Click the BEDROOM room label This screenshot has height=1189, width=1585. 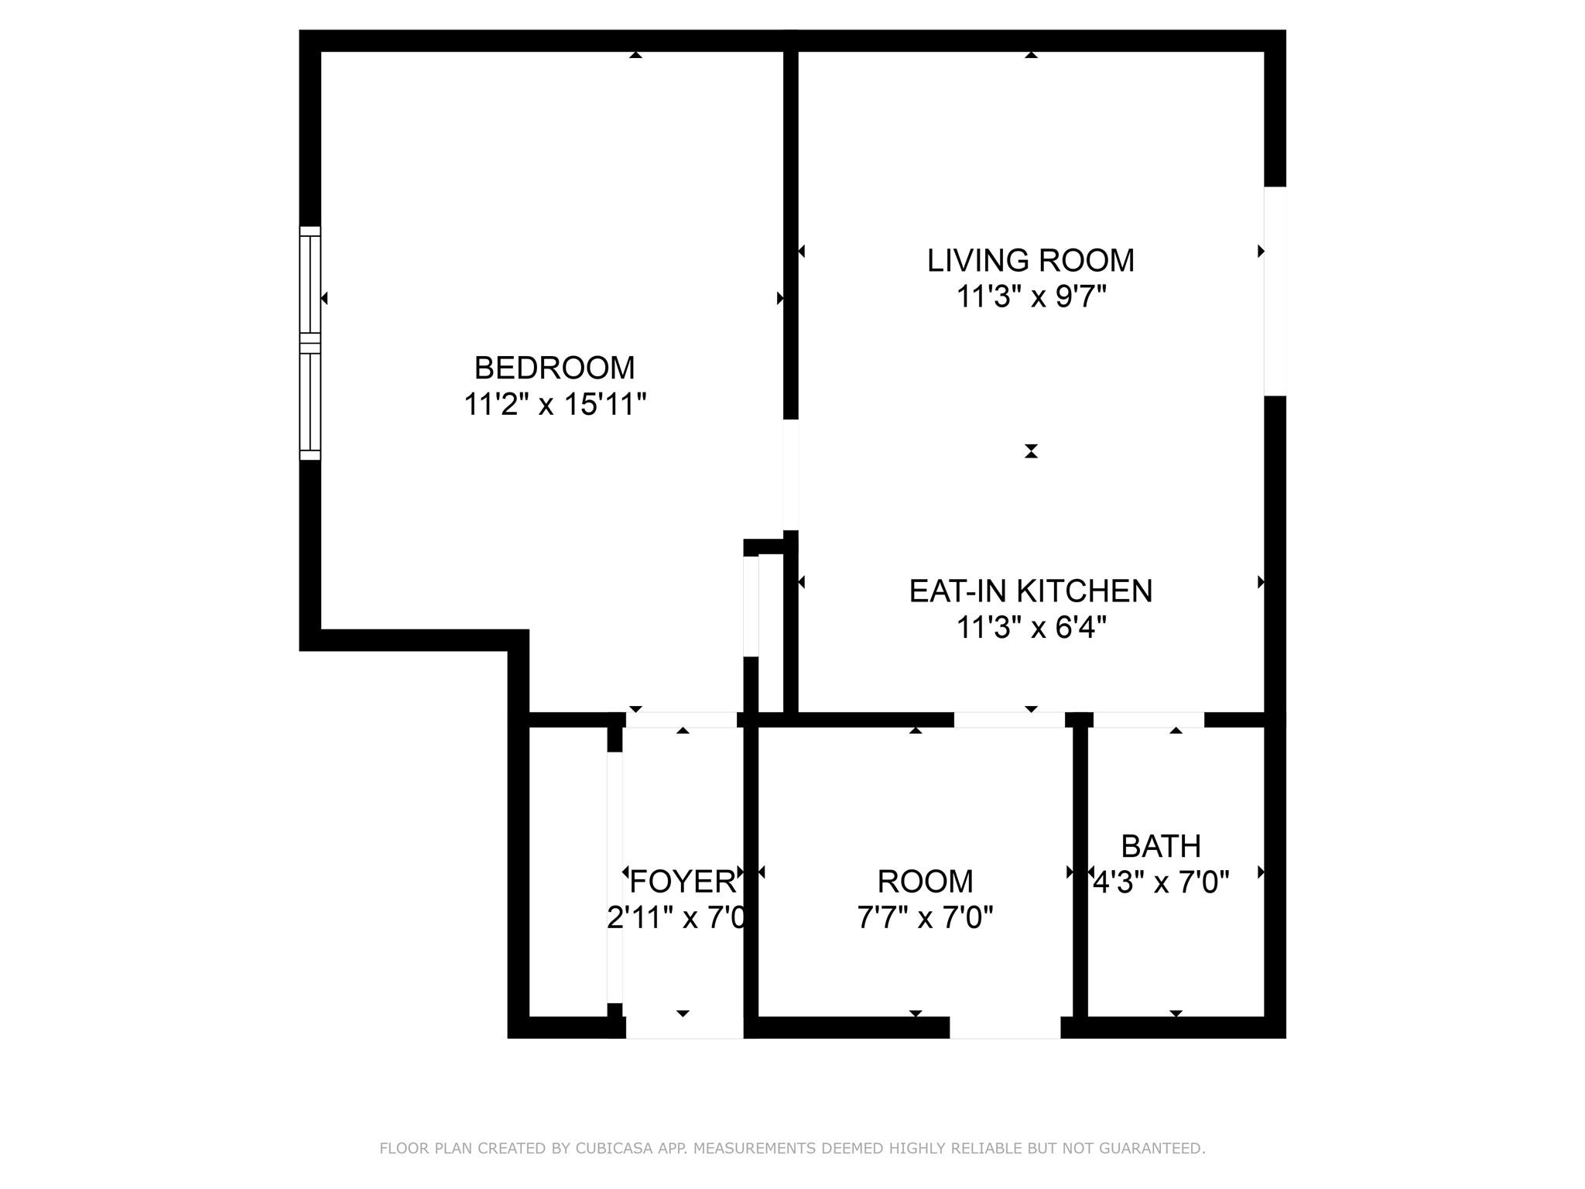point(554,368)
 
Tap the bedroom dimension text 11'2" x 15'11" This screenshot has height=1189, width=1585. point(554,404)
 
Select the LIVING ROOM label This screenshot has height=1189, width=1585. point(1030,260)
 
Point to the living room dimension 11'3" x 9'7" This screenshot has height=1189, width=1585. point(1030,296)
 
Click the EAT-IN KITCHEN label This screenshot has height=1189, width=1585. point(1030,591)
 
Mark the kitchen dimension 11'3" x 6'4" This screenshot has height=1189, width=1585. point(1030,627)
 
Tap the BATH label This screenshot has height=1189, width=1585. point(1160,846)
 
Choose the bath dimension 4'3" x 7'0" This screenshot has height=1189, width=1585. point(1160,882)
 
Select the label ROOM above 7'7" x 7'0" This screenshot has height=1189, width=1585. point(925,881)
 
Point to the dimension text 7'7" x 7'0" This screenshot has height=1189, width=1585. point(925,918)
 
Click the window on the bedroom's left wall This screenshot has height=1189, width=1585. point(310,343)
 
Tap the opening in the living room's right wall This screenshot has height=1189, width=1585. point(1275,291)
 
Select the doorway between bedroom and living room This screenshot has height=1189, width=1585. point(790,475)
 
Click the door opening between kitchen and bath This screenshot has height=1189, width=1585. point(1149,720)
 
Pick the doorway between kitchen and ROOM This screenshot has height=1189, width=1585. point(1008,720)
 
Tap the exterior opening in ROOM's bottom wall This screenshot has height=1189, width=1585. point(1005,1028)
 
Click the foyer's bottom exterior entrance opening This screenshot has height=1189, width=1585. point(684,1028)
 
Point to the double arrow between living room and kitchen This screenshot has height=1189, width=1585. point(1030,451)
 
